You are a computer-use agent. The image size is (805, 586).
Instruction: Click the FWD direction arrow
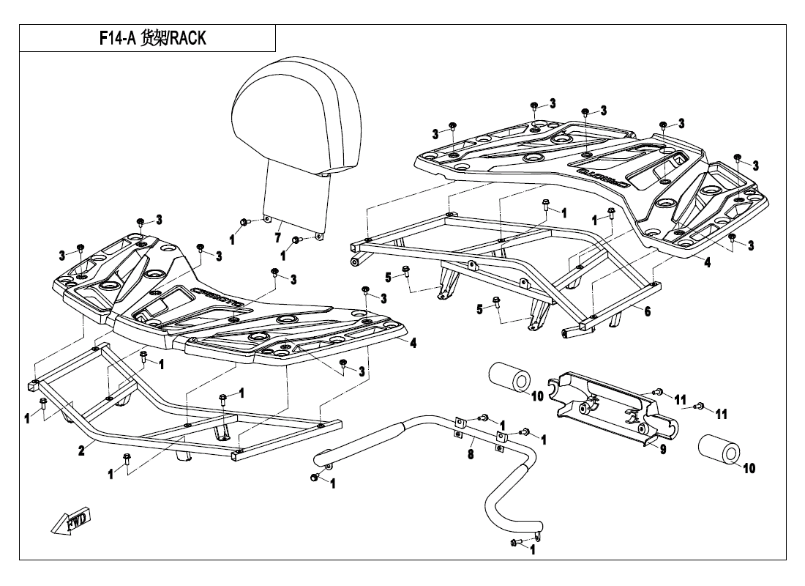click(70, 522)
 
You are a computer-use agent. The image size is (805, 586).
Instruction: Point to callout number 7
click(277, 238)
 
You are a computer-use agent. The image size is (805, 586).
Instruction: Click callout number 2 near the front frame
click(82, 450)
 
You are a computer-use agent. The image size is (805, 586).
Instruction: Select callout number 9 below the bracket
click(662, 450)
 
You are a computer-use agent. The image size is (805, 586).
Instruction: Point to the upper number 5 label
click(389, 278)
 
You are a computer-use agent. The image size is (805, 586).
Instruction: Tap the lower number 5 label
click(480, 309)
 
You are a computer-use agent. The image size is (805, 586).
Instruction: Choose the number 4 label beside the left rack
click(413, 343)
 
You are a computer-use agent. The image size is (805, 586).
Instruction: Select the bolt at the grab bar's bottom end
click(515, 544)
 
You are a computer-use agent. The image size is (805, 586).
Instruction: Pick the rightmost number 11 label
click(721, 415)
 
